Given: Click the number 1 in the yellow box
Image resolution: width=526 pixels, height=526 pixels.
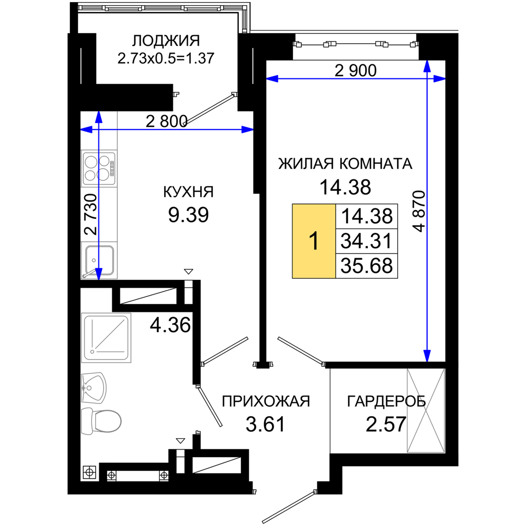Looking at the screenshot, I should (314, 241).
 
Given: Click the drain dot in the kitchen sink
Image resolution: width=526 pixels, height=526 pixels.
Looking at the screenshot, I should (94, 260).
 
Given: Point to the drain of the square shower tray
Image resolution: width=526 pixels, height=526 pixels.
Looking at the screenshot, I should (91, 351).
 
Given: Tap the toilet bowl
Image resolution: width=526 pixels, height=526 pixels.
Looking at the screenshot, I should (108, 421).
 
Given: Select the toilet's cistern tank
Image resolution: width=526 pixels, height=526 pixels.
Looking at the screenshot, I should (87, 421).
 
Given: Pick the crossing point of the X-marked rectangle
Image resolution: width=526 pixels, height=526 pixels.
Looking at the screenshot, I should (425, 410).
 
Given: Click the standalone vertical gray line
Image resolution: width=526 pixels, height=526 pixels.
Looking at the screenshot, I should (330, 410).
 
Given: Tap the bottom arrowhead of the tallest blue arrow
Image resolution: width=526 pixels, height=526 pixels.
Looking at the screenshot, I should (427, 356).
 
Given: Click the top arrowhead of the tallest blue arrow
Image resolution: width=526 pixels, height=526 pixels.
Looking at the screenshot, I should (427, 66).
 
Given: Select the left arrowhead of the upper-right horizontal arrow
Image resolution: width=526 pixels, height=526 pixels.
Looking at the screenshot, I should (272, 79).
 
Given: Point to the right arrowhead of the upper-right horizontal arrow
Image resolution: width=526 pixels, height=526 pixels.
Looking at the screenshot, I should (440, 79).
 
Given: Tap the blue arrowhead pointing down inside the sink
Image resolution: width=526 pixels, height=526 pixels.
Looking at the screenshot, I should (98, 272).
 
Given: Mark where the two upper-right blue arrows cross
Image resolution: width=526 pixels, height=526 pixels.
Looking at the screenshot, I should (427, 79).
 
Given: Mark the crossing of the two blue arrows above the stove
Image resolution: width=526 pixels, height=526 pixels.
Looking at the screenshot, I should (98, 129).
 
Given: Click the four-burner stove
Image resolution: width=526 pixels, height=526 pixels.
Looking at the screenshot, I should (99, 168).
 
